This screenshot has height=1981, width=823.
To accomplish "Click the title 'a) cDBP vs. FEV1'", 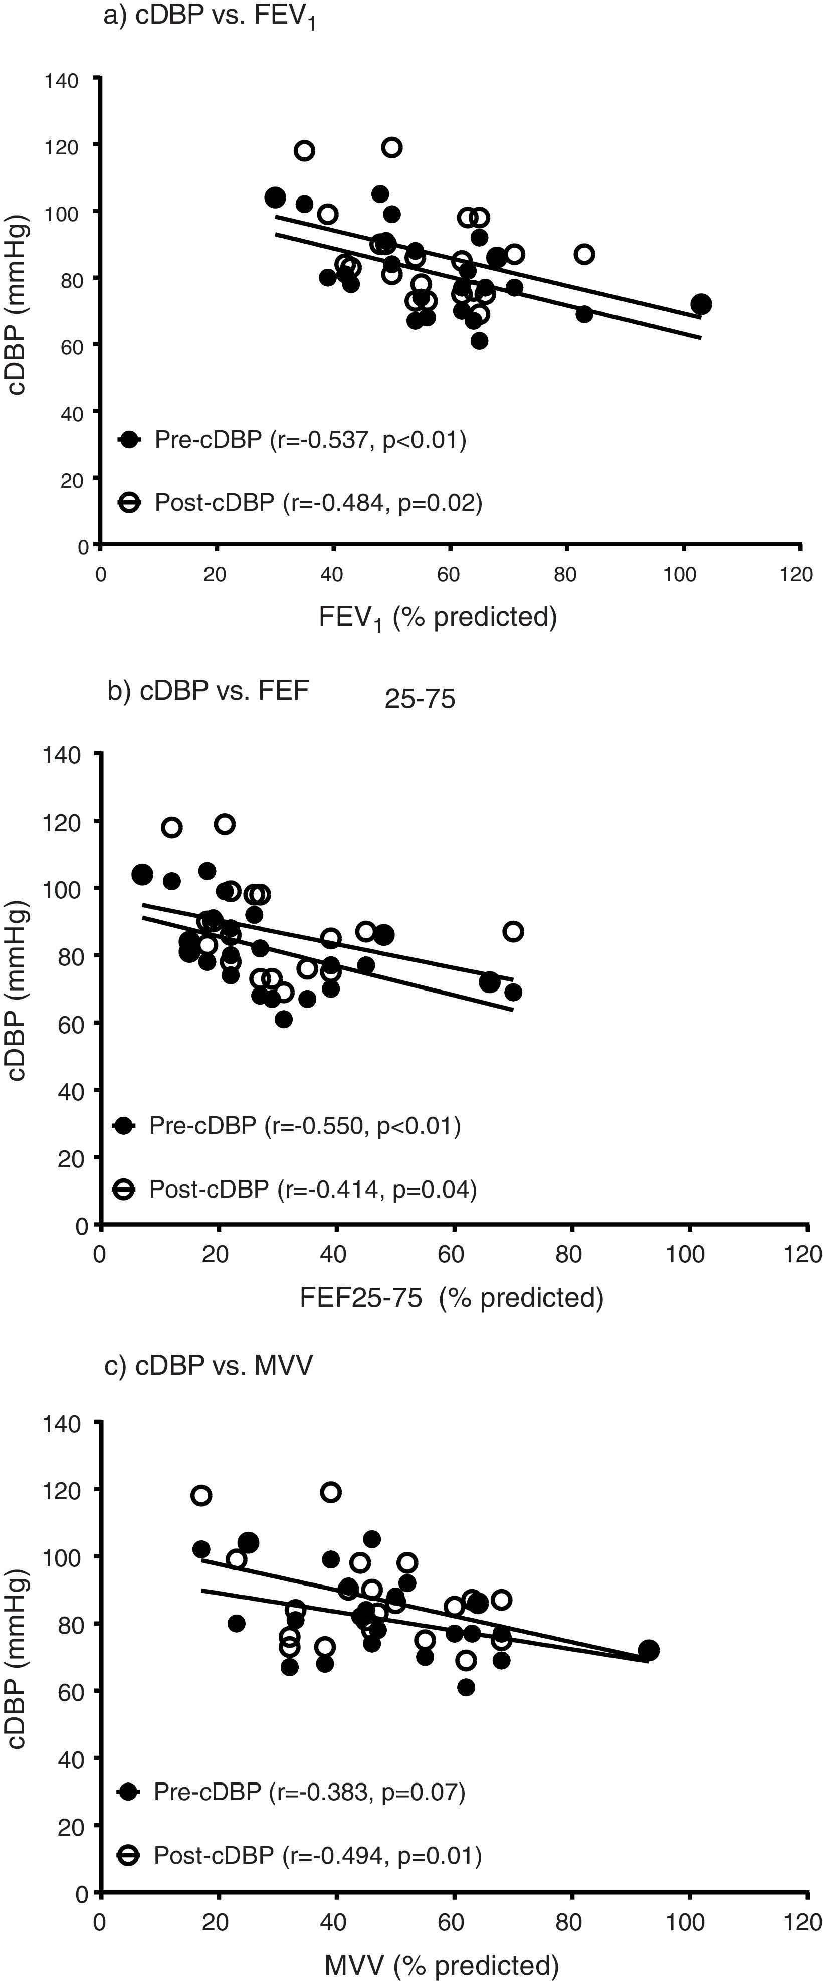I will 209,18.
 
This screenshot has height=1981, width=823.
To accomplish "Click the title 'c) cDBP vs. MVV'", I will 209,1365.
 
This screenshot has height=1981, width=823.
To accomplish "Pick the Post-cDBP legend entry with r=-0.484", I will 299,502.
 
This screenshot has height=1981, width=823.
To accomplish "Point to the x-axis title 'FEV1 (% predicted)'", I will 438,616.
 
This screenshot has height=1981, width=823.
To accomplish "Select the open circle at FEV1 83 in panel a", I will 584,254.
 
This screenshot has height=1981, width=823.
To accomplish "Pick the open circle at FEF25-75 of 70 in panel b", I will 513,931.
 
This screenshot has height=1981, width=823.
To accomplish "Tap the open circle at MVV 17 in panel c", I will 201,1495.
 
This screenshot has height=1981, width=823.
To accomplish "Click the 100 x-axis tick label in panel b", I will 685,1254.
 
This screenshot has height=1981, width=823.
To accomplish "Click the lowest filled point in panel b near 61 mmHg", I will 284,1019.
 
